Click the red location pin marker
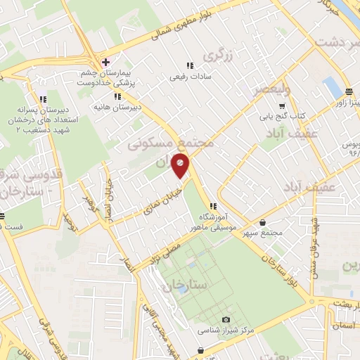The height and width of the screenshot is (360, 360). pos(181,165)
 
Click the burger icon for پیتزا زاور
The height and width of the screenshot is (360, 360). pos(349,92)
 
